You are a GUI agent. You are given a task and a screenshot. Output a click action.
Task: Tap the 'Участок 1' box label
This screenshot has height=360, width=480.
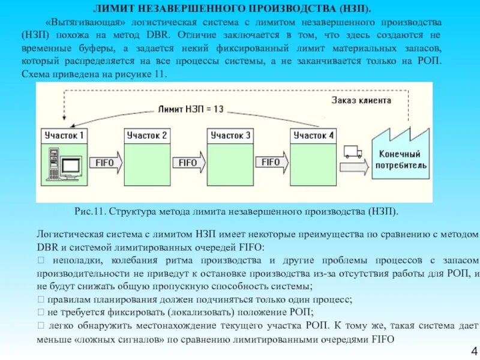[x=64, y=136]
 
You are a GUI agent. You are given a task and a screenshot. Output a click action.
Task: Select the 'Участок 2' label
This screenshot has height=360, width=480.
[x=146, y=136]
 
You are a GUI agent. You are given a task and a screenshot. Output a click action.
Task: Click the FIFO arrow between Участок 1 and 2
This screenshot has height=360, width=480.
[x=107, y=162]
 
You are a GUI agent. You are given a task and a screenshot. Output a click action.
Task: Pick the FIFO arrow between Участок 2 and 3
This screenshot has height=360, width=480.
[x=190, y=162]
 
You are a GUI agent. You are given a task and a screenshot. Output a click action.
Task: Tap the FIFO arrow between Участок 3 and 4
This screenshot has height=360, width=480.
[x=274, y=161]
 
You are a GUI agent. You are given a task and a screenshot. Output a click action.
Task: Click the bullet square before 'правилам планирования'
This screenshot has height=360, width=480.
[x=40, y=299]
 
